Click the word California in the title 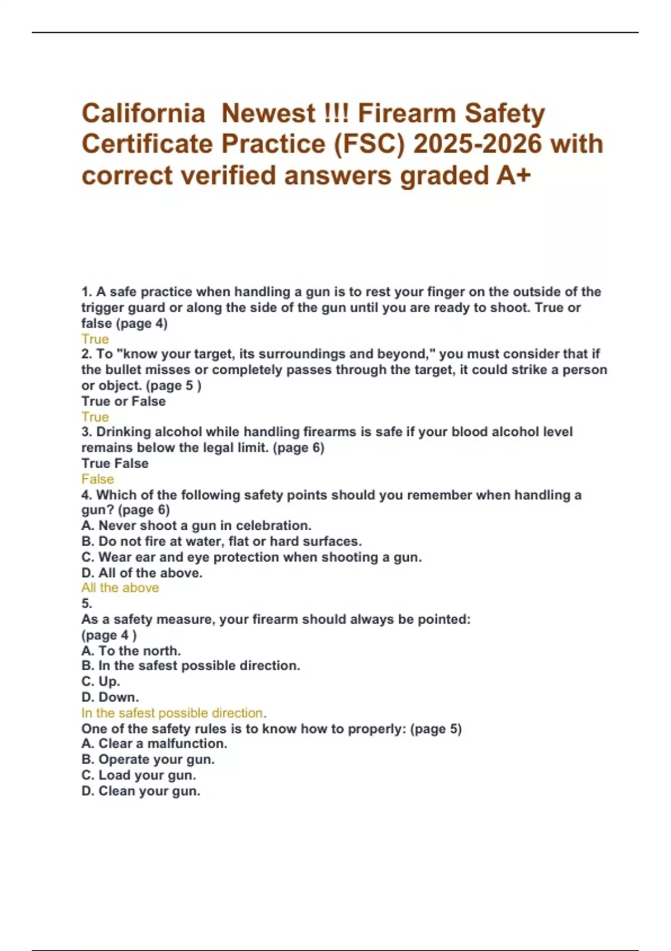143,114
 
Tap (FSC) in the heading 370,144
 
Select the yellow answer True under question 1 95,339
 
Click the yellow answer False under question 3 97,479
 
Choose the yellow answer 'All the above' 120,588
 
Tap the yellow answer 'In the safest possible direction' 173,713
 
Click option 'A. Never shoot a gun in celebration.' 196,526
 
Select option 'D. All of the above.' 142,573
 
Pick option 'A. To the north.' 131,651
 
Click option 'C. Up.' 101,681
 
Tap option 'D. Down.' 110,697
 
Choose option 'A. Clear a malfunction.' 154,743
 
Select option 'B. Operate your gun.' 148,759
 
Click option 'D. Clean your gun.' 141,791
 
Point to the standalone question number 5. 87,604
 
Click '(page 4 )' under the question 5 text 109,635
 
